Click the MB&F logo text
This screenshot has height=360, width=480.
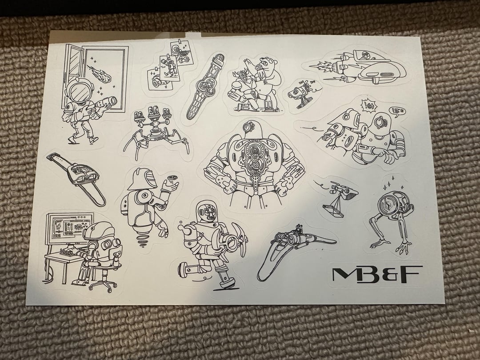pyautogui.click(x=377, y=273)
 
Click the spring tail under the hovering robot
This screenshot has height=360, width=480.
pyautogui.click(x=143, y=240)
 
